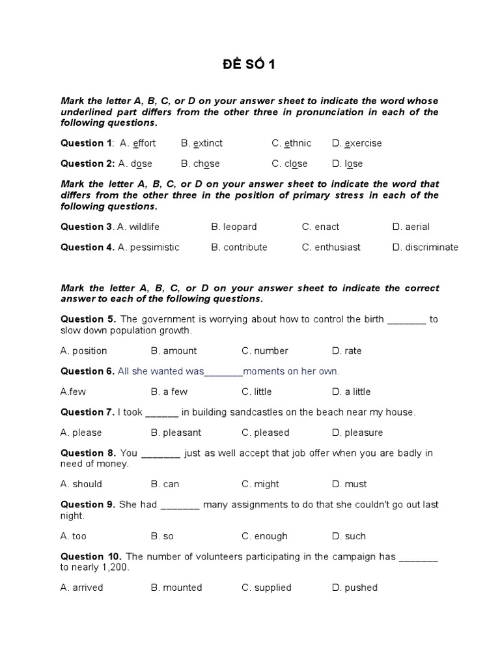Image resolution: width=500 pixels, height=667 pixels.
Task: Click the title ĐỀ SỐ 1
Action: pos(250,66)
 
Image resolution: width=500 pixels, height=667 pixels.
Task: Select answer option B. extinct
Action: pos(202,143)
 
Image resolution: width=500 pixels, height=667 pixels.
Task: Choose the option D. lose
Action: pos(347,163)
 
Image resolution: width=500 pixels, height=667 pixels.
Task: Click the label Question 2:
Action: pos(87,163)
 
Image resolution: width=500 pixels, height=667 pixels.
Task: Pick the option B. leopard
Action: pos(234,227)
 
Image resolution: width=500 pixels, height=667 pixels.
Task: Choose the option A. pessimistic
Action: pos(148,247)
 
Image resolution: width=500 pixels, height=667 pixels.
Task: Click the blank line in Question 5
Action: pos(407,319)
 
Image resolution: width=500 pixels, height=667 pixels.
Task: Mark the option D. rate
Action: pos(346,350)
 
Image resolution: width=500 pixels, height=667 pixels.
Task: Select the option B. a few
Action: pos(169,391)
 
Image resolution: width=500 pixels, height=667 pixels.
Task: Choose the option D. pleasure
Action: pos(357,433)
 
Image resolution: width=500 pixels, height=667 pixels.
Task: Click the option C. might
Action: pos(260,484)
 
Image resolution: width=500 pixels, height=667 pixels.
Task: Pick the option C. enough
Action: pos(264,536)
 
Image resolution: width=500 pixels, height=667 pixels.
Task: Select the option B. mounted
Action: pos(176,588)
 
